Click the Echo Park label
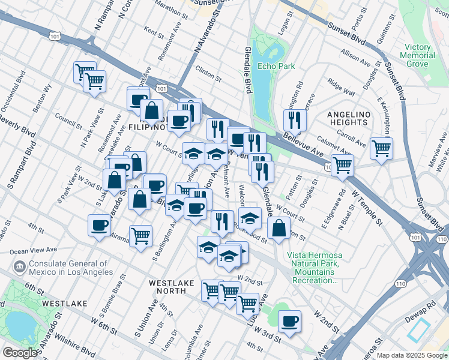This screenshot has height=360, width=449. [x=276, y=66]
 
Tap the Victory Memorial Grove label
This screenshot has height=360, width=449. [x=418, y=55]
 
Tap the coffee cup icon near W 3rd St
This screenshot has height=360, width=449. [x=290, y=322]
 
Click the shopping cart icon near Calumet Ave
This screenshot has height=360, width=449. [x=381, y=147]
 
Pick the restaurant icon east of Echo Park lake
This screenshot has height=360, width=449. [x=295, y=119]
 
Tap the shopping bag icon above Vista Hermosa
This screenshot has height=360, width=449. [x=279, y=229]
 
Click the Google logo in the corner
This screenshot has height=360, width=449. [x=19, y=353]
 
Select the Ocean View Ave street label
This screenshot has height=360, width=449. [x=37, y=250]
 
